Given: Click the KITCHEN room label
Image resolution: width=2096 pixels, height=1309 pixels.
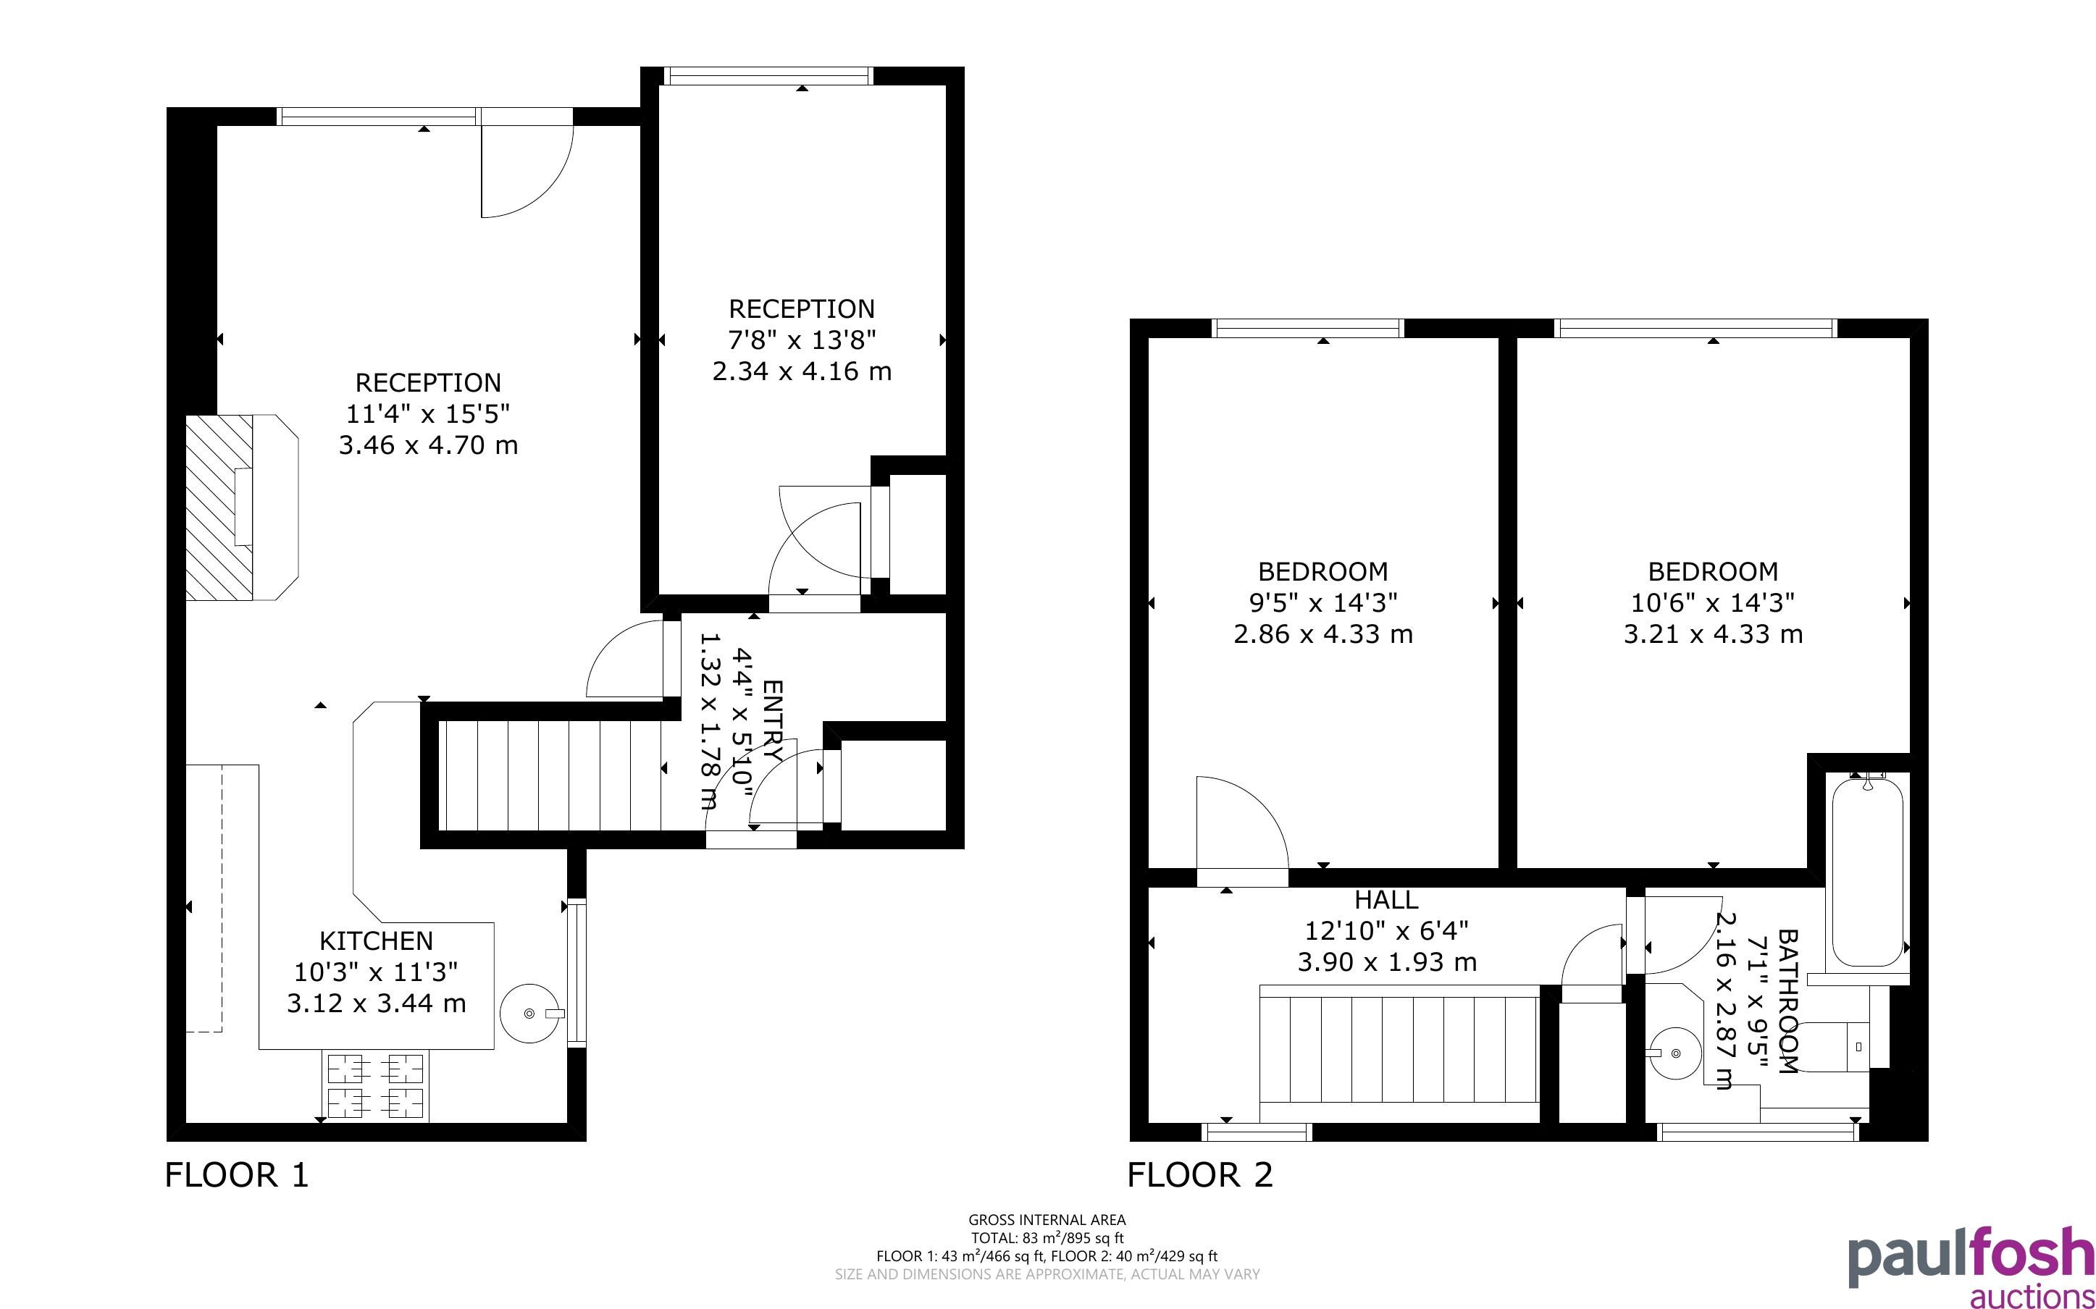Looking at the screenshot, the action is click(376, 941).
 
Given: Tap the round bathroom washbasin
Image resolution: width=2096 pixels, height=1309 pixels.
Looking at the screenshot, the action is click(1675, 1053).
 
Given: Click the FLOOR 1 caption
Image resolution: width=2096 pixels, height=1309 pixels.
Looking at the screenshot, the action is click(236, 1175).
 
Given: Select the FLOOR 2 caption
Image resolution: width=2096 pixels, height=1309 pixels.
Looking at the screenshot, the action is click(1200, 1175).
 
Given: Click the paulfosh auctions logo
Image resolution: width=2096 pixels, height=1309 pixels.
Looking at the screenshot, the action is click(1971, 1266).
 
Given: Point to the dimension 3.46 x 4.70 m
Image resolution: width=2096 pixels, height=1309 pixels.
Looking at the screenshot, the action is click(429, 445).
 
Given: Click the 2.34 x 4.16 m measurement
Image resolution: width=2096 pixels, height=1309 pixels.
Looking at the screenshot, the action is click(802, 371).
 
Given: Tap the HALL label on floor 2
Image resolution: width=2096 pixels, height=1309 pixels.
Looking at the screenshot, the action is click(1387, 901).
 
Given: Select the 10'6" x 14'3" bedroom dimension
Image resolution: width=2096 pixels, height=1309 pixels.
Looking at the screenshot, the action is click(1712, 602).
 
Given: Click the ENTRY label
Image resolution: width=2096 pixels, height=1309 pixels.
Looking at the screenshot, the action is click(771, 721).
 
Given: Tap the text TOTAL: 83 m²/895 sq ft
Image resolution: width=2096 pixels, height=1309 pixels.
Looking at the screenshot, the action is click(1047, 1238).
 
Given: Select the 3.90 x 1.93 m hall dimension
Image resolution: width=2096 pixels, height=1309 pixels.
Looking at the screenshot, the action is click(1387, 961).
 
